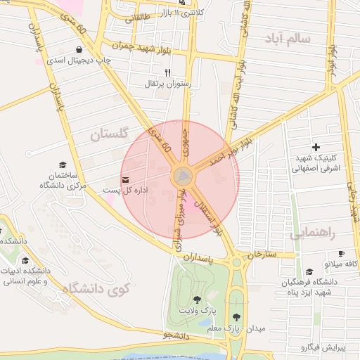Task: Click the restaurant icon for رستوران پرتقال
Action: click(167, 72)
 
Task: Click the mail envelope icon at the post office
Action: click(125, 180)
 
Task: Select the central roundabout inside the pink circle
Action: click(183, 175)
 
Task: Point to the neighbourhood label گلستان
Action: click(111, 134)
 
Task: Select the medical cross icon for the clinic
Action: click(316, 147)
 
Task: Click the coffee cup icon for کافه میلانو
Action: click(342, 253)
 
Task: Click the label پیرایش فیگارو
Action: click(325, 347)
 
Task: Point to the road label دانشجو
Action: click(176, 335)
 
